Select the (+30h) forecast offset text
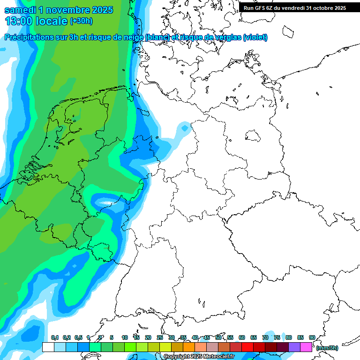pyautogui.click(x=81, y=21)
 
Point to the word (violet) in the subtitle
pyautogui.click(x=255, y=37)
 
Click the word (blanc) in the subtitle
pyautogui.click(x=157, y=37)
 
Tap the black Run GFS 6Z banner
pyautogui.click(x=294, y=7)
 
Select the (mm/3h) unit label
pyautogui.click(x=327, y=348)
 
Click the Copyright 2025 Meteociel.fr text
pyautogui.click(x=199, y=357)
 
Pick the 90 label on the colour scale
pyautogui.click(x=312, y=337)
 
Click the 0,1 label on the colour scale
pyautogui.click(x=54, y=337)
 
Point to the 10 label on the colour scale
pyautogui.click(x=124, y=337)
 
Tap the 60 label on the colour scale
pyautogui.click(x=241, y=337)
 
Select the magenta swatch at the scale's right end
pyautogui.click(x=306, y=347)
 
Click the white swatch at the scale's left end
pyautogui.click(x=48, y=347)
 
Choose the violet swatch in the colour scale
pyautogui.click(x=294, y=347)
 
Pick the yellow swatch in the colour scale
pyautogui.click(x=165, y=347)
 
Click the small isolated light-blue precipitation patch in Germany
pyautogui.click(x=185, y=127)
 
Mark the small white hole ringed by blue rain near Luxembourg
pyautogui.click(x=106, y=203)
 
